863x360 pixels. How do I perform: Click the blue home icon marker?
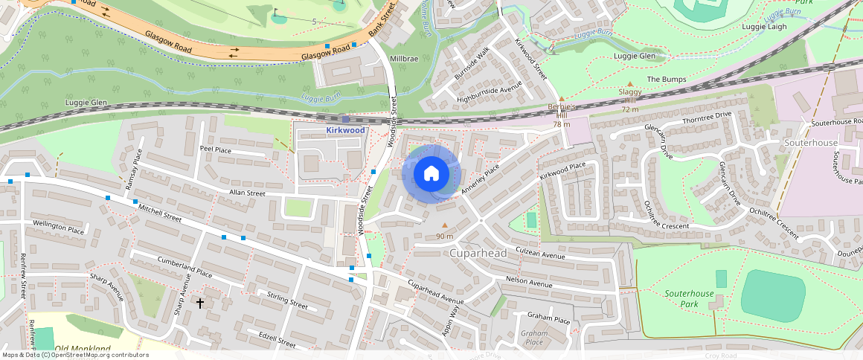(x=431, y=174)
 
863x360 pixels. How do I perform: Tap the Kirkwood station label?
(x=346, y=130)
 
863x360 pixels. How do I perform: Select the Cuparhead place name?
(x=478, y=254)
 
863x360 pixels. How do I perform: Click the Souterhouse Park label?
(x=689, y=299)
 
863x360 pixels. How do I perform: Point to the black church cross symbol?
(x=199, y=303)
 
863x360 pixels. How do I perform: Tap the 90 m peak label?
(x=445, y=237)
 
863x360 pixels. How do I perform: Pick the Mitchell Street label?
(x=160, y=214)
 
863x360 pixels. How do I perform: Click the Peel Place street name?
(x=215, y=150)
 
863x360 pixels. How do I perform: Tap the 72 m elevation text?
(x=630, y=109)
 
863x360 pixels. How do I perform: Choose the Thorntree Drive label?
(x=707, y=118)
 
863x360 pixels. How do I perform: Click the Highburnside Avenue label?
(x=490, y=91)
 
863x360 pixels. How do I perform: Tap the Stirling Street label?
(x=286, y=300)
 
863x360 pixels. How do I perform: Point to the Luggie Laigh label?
(x=764, y=27)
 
